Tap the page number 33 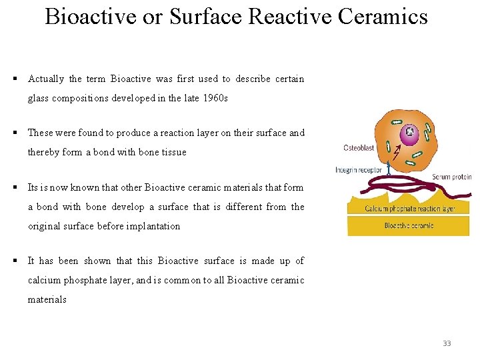coord(447,343)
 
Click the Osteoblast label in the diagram coord(359,148)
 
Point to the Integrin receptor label coord(358,170)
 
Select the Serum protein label coord(451,177)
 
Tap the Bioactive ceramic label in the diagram coord(409,226)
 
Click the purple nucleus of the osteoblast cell coord(409,133)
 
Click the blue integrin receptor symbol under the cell coord(389,167)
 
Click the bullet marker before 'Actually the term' coord(14,79)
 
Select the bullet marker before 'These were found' coord(14,133)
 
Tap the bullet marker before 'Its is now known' coord(14,187)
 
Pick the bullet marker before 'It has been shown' coord(14,261)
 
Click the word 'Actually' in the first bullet coord(46,79)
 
